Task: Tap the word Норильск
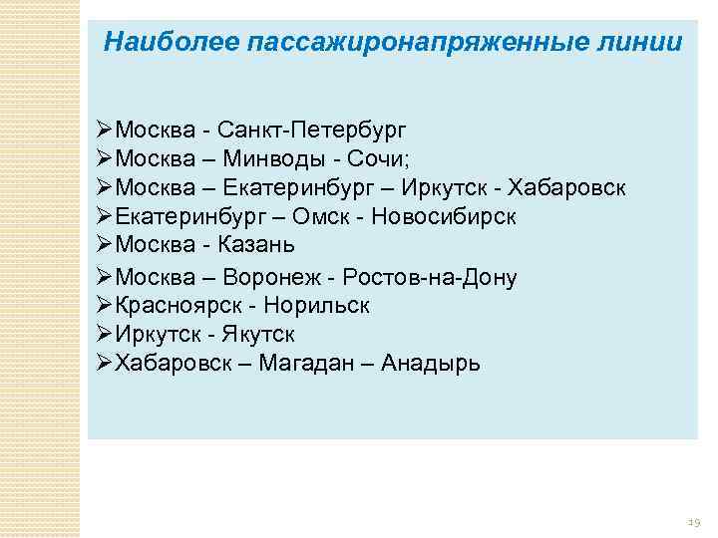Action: pyautogui.click(x=323, y=306)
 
